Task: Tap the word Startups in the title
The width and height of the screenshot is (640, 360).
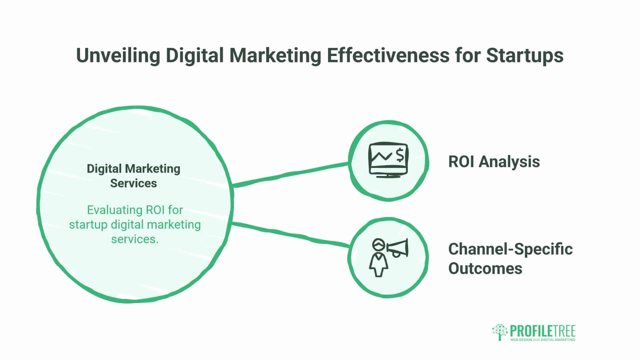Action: click(525, 55)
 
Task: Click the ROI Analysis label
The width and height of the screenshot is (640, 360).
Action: click(494, 162)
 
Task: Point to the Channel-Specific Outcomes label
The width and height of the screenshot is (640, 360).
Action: click(510, 259)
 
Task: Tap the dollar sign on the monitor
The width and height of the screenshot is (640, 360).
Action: click(400, 155)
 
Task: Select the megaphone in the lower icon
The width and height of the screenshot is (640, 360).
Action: click(398, 248)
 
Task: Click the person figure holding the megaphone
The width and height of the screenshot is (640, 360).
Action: click(378, 258)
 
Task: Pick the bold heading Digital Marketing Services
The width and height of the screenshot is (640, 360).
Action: click(133, 176)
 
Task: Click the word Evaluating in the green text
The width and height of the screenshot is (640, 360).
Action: click(110, 210)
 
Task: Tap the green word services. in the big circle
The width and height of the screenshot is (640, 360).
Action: click(135, 239)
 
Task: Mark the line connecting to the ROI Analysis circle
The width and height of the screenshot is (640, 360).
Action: click(290, 174)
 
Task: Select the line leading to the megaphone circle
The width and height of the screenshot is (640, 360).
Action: click(290, 234)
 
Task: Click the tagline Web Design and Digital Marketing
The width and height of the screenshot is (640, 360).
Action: click(543, 340)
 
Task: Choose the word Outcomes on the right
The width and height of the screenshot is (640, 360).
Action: click(485, 268)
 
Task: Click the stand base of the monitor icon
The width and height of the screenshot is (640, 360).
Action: click(388, 176)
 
